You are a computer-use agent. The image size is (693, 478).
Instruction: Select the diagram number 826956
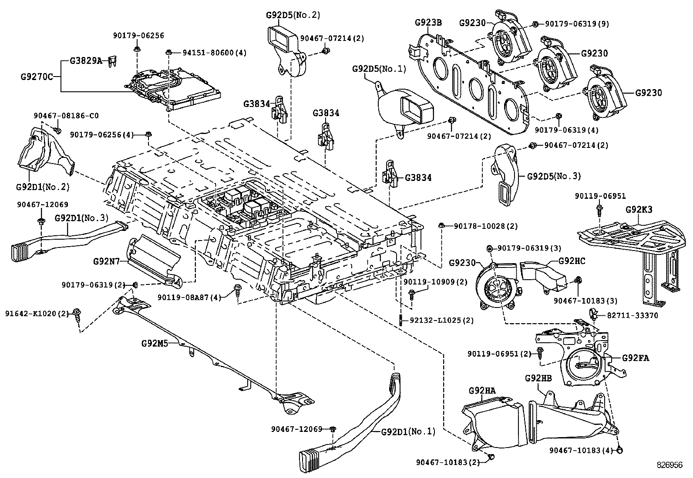coord(670,465)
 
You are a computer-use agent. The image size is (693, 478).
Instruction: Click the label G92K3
coord(639,209)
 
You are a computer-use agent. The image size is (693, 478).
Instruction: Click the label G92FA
coord(636,358)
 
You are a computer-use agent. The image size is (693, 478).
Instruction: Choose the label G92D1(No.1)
coord(408,431)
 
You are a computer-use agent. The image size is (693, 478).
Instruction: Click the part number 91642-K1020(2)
coord(37,313)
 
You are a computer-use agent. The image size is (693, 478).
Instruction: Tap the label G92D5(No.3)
coord(554,176)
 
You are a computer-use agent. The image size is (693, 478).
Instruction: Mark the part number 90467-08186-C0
coord(66,116)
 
